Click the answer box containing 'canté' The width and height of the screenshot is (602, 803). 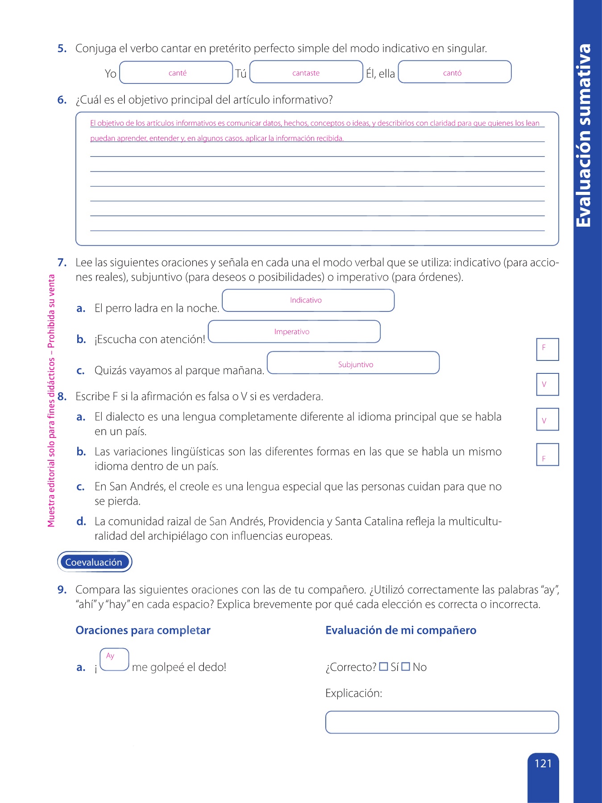176,72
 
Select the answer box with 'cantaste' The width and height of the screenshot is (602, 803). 306,72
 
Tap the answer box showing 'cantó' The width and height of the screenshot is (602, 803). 454,72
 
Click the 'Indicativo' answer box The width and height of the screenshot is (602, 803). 308,301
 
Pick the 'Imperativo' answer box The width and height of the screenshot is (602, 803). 294,332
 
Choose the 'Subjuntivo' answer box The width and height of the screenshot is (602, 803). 353,363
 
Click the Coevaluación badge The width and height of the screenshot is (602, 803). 94,562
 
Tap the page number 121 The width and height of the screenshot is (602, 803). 543,764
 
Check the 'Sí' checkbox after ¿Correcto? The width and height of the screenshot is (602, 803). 383,667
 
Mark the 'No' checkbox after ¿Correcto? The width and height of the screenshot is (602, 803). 406,667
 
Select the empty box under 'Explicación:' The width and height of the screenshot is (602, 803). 442,722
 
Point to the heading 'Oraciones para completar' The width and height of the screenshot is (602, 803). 143,630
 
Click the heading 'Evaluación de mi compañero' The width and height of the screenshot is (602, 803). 401,630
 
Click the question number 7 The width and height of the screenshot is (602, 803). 62,262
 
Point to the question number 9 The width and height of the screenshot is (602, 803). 62,590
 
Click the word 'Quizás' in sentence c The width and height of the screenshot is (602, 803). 109,371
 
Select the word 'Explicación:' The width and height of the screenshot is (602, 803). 353,693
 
